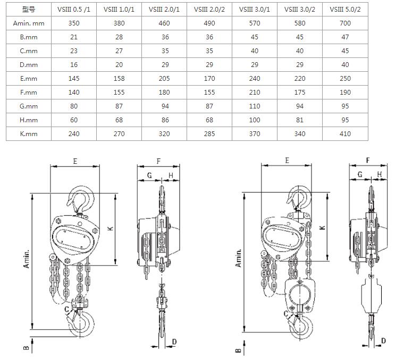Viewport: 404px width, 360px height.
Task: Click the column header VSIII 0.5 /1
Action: (x=74, y=10)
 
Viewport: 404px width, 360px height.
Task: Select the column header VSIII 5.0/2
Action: (x=345, y=10)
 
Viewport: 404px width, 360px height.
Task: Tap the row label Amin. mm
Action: (x=29, y=23)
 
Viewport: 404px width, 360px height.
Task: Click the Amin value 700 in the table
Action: (x=345, y=23)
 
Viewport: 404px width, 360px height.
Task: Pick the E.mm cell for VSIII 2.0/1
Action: (x=164, y=79)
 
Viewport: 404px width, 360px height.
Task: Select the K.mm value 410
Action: (x=345, y=134)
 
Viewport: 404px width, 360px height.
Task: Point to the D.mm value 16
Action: (x=74, y=65)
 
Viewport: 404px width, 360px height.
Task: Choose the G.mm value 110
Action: (x=255, y=106)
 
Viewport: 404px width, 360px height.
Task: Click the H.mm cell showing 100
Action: (x=255, y=120)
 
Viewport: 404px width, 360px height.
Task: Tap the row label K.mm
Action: (x=29, y=134)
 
